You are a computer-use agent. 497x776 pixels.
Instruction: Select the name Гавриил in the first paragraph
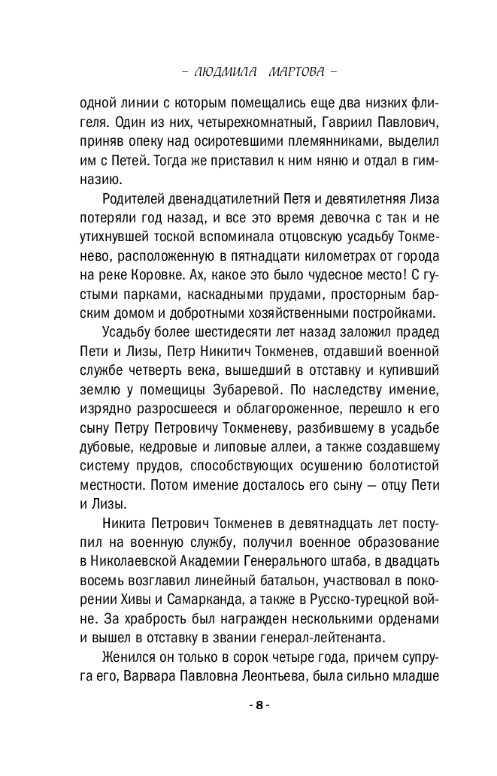tap(319, 122)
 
